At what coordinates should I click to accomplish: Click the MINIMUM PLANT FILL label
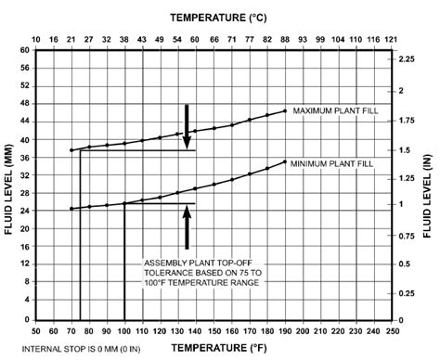(x=333, y=163)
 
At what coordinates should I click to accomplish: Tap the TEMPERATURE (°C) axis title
(x=214, y=18)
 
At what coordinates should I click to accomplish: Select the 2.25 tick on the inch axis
(x=407, y=58)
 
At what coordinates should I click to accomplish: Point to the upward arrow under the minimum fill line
(x=187, y=225)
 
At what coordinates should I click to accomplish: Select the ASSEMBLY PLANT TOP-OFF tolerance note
(x=203, y=273)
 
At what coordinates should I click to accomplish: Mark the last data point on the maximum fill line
(x=285, y=110)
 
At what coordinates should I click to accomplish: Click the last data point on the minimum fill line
(x=285, y=162)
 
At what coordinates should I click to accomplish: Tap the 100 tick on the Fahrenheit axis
(x=124, y=329)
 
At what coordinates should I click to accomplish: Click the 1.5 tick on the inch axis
(x=405, y=149)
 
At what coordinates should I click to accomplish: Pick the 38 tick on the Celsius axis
(x=124, y=38)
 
